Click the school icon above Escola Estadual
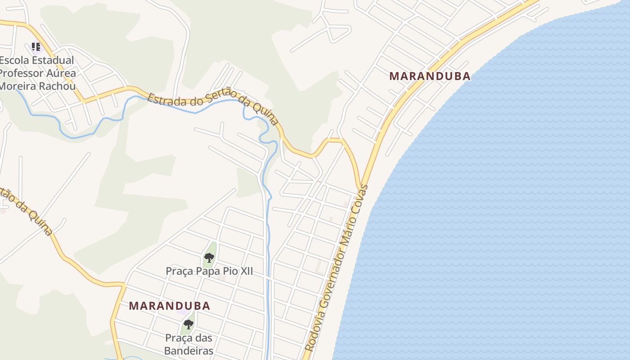click(x=36, y=46)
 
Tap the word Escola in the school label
click(x=14, y=60)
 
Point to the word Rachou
click(x=59, y=85)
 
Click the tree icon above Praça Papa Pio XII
click(x=209, y=258)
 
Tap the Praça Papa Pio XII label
click(x=209, y=271)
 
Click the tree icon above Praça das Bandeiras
click(x=188, y=324)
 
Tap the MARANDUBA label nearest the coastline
click(x=430, y=76)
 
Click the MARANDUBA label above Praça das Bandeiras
click(x=169, y=306)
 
